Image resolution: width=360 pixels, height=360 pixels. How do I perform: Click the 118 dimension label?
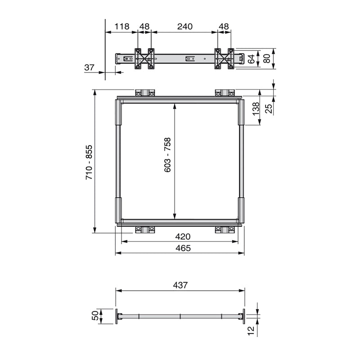tap(121, 27)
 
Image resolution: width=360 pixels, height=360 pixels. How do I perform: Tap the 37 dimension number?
tap(90, 67)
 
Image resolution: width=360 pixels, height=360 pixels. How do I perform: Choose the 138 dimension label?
tap(255, 108)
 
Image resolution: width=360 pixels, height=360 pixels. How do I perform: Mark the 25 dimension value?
tap(268, 108)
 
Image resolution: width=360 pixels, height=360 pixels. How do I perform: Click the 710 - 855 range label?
tap(89, 162)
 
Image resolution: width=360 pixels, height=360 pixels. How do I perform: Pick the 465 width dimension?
tap(183, 248)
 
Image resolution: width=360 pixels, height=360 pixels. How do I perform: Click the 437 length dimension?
tap(180, 285)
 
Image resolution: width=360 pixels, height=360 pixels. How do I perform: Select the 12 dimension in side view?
tap(251, 332)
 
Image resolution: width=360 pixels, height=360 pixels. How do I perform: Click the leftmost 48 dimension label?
tap(144, 27)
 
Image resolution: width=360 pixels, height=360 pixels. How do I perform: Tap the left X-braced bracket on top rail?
tap(144, 58)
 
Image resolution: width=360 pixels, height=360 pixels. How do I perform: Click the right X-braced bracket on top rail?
tap(224, 58)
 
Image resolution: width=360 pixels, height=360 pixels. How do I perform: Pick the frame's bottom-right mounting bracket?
tap(225, 229)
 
